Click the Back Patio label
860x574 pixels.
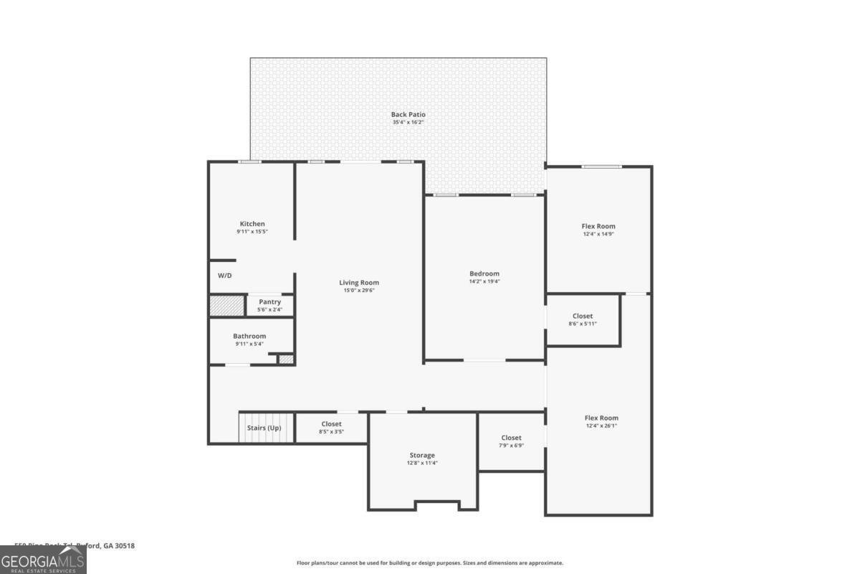[x=408, y=114]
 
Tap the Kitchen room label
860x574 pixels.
[x=252, y=224]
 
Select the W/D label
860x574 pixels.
[x=225, y=276]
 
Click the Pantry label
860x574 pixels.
[x=269, y=302]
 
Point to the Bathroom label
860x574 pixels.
[x=249, y=336]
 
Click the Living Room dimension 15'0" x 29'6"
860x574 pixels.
[x=358, y=291]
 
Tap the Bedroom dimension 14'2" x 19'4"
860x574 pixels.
[x=484, y=281]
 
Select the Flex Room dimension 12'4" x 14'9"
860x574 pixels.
[x=598, y=234]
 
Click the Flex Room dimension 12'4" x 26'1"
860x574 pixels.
[x=601, y=425]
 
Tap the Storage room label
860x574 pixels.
[x=422, y=455]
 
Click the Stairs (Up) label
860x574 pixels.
[x=264, y=428]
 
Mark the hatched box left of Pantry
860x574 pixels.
[x=226, y=306]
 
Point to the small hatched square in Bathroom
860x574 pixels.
[x=286, y=358]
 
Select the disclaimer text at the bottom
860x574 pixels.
[x=430, y=563]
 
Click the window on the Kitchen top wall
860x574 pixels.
[x=249, y=161]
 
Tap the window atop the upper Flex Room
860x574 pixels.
[x=601, y=166]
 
